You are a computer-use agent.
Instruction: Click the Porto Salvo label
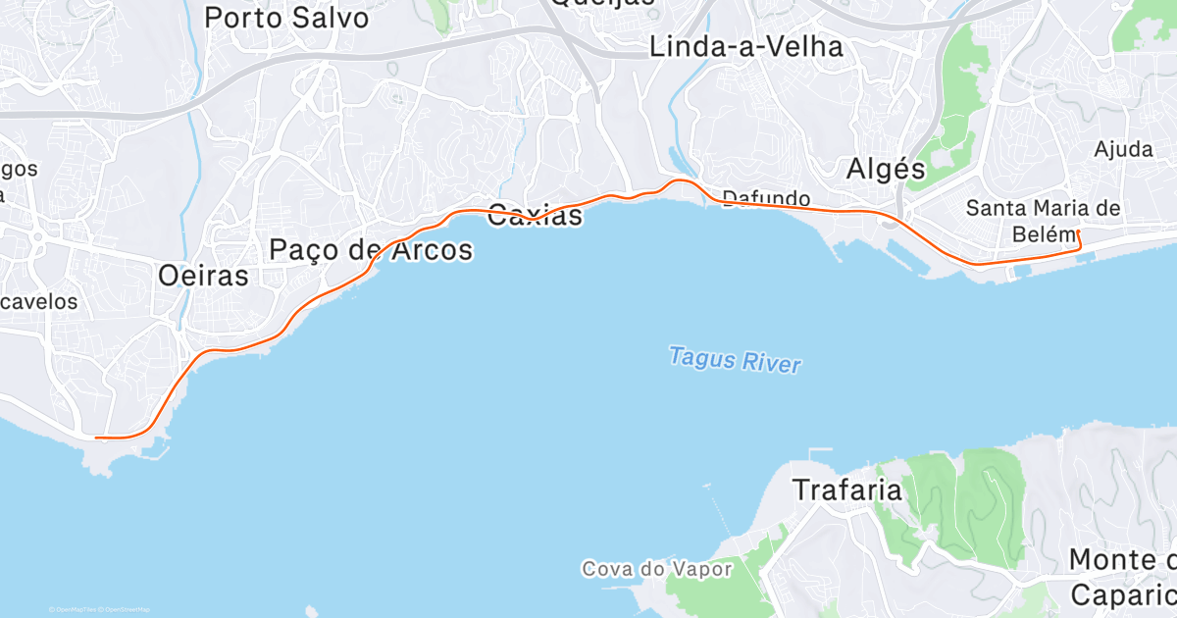point(286,17)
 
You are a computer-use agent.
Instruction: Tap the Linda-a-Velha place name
point(746,46)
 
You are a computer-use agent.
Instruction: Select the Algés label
point(886,169)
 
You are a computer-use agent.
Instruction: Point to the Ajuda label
point(1123,149)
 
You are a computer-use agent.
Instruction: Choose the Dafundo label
point(766,197)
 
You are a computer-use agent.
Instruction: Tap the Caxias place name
point(536,215)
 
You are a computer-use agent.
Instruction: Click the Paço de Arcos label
point(371,250)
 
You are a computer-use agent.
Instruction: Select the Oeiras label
point(203,276)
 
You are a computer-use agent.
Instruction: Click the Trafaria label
point(846,489)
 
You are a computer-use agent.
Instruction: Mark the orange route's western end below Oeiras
point(95,438)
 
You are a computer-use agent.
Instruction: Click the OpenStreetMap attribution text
point(128,610)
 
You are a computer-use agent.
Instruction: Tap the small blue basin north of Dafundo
point(678,159)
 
